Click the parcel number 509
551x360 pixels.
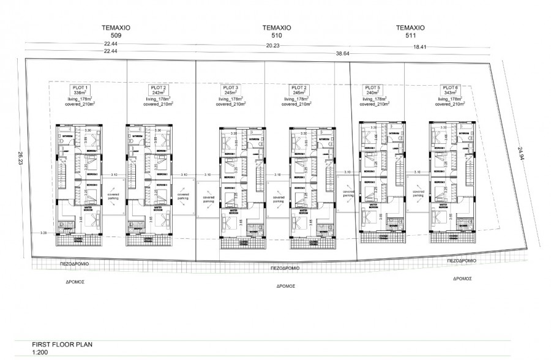(x=117, y=36)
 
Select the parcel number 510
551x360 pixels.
(x=276, y=36)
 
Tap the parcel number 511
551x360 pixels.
(x=410, y=36)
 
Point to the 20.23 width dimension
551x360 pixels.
(x=273, y=45)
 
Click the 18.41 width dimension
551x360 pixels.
(x=420, y=47)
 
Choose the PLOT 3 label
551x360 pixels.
(x=228, y=88)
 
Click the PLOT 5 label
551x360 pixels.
(x=372, y=87)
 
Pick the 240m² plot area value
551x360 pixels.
(x=372, y=92)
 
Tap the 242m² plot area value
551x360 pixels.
(x=157, y=92)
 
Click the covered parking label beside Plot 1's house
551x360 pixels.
(x=113, y=197)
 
